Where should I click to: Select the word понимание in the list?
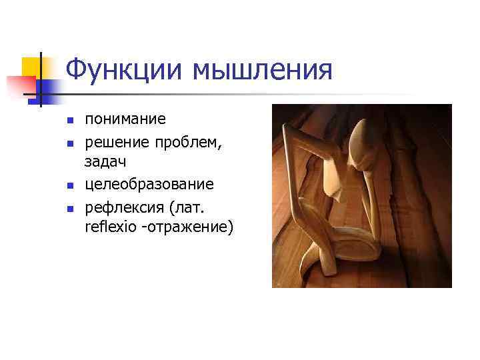pos(125,119)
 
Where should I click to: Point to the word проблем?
pos(187,141)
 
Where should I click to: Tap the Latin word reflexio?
pos(108,227)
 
